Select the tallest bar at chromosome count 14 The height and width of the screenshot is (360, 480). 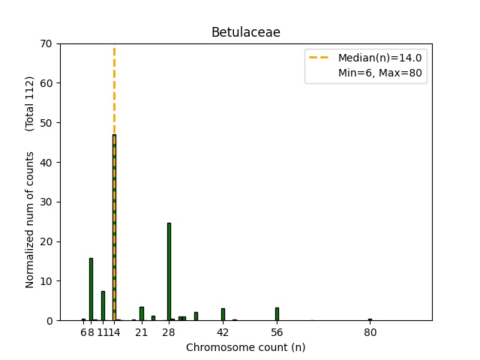(114, 225)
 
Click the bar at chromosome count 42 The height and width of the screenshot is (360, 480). (223, 314)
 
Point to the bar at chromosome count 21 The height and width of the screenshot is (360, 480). (142, 313)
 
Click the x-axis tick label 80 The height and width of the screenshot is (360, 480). (370, 332)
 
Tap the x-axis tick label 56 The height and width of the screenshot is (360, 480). (277, 332)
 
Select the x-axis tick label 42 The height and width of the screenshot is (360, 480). (223, 332)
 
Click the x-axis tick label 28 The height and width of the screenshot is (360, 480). (169, 332)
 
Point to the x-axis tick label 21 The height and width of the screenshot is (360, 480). (142, 332)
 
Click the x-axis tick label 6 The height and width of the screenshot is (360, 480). (83, 332)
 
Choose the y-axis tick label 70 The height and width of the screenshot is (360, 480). (46, 43)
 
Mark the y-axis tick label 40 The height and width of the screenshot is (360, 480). (46, 162)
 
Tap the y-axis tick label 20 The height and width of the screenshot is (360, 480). (46, 241)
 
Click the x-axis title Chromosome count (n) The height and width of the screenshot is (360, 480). (245, 347)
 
